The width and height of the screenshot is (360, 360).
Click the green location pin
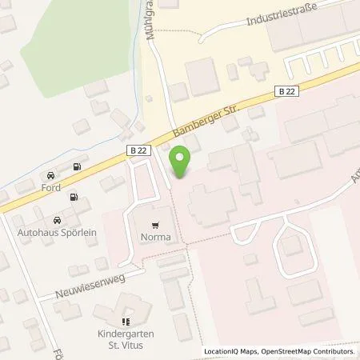[x=180, y=163]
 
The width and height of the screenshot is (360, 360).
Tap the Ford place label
[x=51, y=189]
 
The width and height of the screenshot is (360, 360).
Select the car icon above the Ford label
[x=51, y=175]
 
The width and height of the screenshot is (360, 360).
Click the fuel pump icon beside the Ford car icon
[x=77, y=168]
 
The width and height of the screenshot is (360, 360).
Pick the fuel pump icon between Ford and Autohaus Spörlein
[x=74, y=197]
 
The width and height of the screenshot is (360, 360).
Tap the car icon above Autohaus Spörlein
[x=56, y=219]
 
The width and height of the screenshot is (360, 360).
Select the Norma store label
[x=156, y=238]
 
